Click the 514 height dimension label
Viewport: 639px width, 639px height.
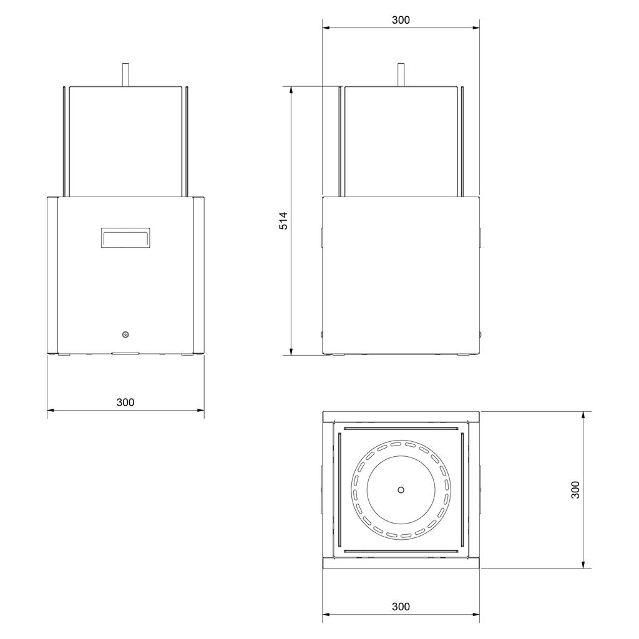pos(283,221)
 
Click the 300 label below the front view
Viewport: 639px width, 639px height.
pos(125,402)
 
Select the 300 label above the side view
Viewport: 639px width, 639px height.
pos(401,20)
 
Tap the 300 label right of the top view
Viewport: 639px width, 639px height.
pos(575,489)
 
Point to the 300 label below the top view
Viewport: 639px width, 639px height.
pos(401,607)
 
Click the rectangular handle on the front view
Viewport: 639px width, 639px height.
pos(125,238)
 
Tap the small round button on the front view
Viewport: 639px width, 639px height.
pos(125,334)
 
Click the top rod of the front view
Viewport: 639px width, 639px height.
pos(125,75)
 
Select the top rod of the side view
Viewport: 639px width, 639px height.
pos(401,75)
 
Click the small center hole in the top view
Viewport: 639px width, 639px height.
pos(401,489)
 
